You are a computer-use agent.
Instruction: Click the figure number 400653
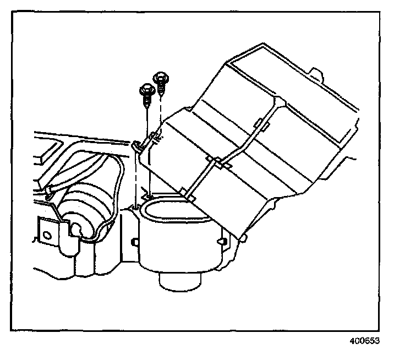coord(364,341)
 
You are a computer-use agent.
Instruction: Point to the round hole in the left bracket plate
coord(47,234)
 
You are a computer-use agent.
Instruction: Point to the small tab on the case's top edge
coord(316,73)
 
